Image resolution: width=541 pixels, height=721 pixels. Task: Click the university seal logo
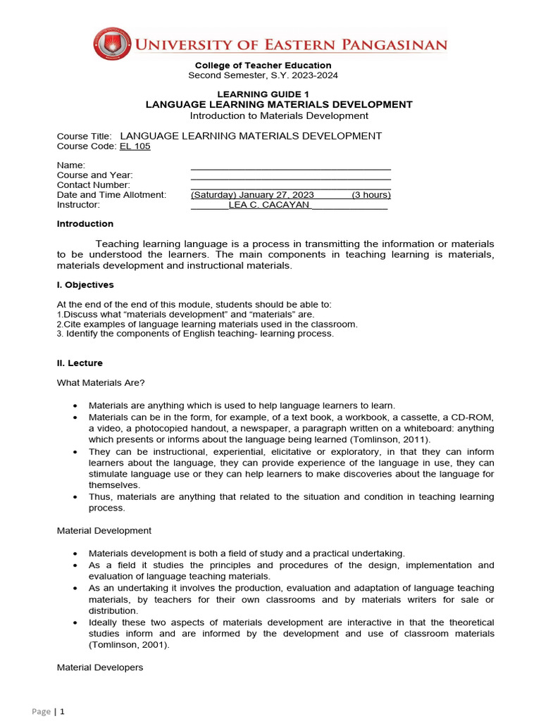coord(112,44)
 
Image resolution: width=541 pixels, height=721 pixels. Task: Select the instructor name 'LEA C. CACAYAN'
coord(269,205)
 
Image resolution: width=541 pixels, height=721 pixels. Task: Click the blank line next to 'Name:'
coord(290,165)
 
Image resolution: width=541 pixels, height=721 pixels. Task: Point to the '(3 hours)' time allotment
coord(371,195)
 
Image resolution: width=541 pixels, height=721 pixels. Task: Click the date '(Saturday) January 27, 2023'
coord(252,195)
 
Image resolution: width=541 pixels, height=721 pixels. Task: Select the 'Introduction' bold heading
coord(85,224)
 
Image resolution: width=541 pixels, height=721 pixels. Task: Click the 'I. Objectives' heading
coord(85,285)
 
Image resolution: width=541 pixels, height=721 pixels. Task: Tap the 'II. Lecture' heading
coord(80,363)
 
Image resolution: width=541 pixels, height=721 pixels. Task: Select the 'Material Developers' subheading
coord(99,667)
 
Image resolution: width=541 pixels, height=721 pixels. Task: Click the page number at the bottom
coord(62,712)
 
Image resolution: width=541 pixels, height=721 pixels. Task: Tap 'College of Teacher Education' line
coord(263,65)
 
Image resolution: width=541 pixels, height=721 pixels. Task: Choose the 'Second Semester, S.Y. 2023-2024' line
coord(263,75)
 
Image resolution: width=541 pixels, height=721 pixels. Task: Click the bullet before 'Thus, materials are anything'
coord(75,497)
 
